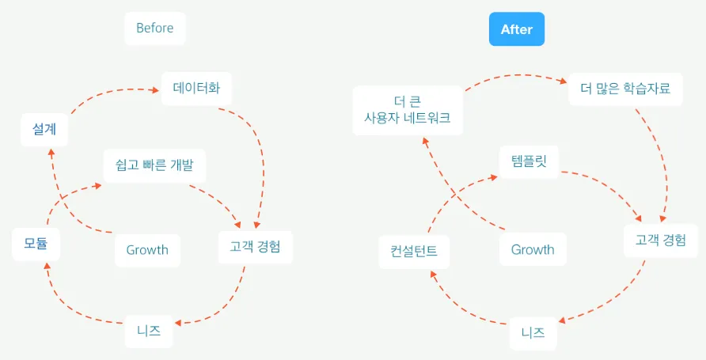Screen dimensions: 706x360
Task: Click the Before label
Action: click(154, 28)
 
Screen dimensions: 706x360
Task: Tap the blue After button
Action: click(516, 29)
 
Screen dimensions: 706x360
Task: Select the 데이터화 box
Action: click(196, 88)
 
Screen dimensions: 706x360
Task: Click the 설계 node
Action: click(44, 129)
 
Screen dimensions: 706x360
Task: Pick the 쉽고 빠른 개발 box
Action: click(154, 165)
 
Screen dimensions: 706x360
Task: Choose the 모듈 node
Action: click(36, 244)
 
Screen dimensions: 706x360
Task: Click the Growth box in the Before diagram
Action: click(147, 250)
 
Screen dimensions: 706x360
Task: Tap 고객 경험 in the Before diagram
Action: click(256, 247)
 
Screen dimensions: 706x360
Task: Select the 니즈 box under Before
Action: click(149, 332)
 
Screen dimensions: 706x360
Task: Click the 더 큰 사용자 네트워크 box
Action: click(407, 110)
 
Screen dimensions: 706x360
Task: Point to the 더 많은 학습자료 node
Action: click(620, 89)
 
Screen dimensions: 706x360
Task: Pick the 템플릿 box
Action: click(529, 161)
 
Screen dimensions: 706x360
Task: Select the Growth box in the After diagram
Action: click(533, 250)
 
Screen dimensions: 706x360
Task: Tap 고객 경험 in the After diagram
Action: click(661, 241)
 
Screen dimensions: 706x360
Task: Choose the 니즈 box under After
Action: click(533, 333)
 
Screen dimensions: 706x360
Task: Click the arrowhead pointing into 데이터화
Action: click(155, 89)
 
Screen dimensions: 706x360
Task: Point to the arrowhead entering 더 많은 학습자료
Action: click(562, 81)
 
